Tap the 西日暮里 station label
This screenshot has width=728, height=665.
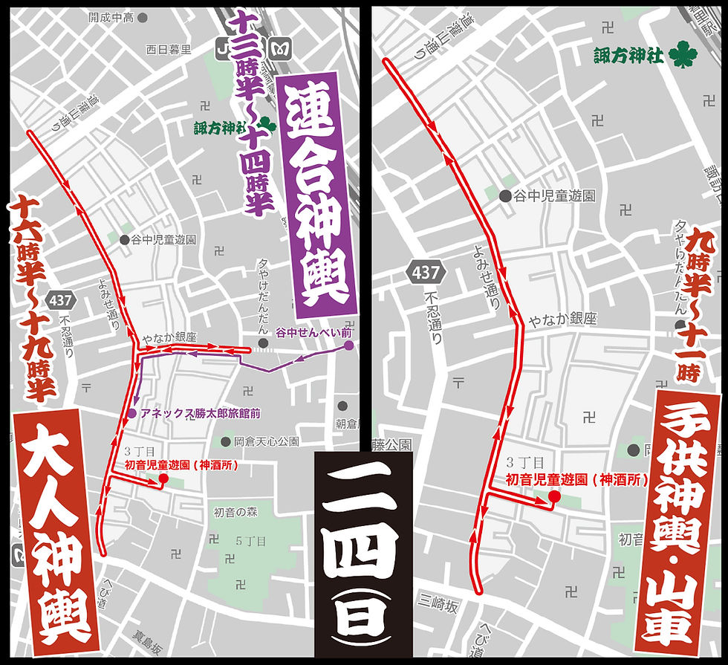(169, 50)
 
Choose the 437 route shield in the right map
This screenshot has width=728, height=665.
(426, 272)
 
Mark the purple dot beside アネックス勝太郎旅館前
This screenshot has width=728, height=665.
(132, 413)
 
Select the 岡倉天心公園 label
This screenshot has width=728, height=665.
(266, 441)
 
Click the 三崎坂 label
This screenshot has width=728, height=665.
(438, 606)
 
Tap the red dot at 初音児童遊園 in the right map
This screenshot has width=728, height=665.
(553, 496)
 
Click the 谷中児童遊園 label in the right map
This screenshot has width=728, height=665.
(557, 196)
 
